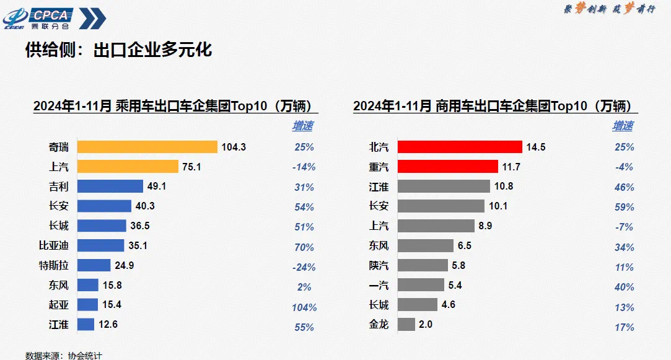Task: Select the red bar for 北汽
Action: point(459,147)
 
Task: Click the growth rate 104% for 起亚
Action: point(304,307)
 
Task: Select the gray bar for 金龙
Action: point(406,324)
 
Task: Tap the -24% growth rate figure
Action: point(304,267)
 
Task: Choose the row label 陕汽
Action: point(378,265)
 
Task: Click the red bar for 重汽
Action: point(447,167)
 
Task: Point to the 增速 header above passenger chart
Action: point(302,126)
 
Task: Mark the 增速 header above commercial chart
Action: point(623,126)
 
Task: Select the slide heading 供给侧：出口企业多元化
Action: point(118,50)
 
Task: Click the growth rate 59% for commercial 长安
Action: point(623,207)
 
